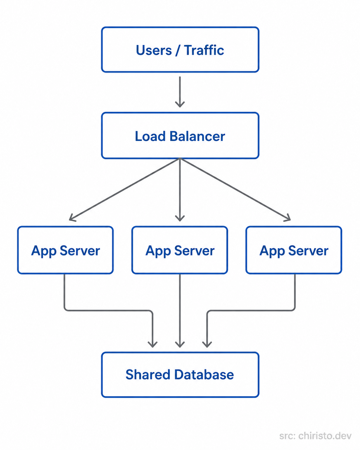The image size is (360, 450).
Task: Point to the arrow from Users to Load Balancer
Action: pos(180,91)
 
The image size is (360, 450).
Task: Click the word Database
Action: pos(204,375)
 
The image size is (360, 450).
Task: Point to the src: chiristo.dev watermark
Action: pos(315,436)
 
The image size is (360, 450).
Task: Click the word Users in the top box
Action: pos(154,50)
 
